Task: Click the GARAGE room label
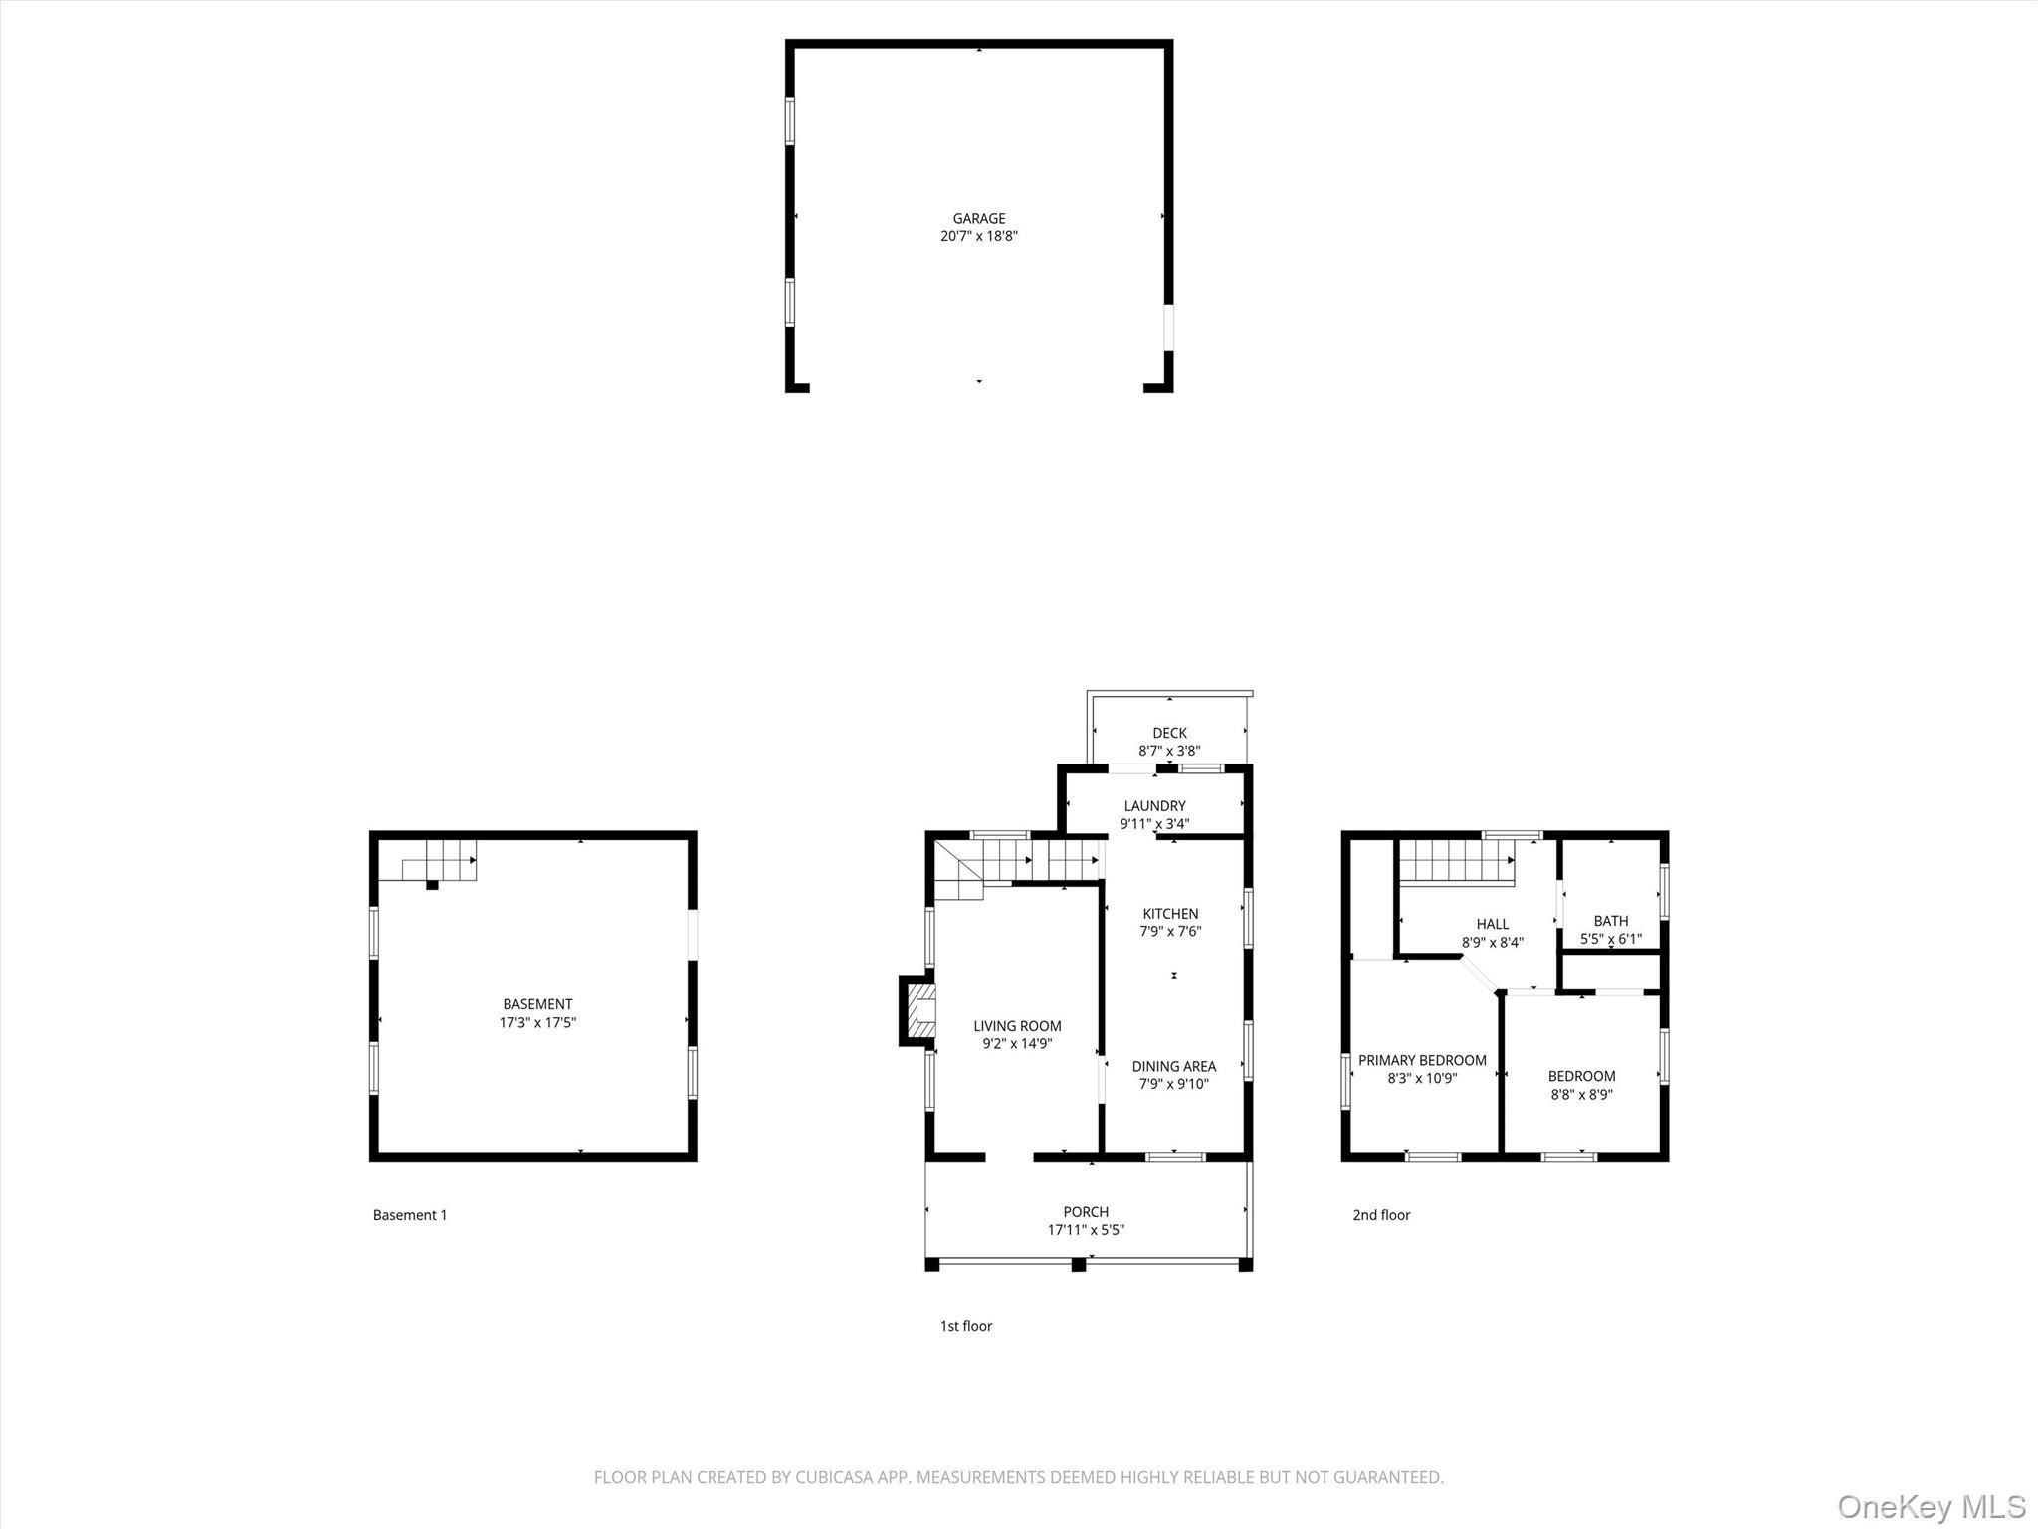[x=979, y=218]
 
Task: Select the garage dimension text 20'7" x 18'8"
[x=979, y=237]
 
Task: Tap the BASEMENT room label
[x=537, y=1004]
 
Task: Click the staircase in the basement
[x=439, y=861]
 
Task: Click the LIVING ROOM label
[x=1017, y=1026]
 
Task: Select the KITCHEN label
[x=1170, y=914]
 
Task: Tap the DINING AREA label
[x=1173, y=1067]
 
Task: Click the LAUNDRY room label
[x=1154, y=806]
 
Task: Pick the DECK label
[x=1169, y=733]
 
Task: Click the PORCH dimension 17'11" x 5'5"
[x=1086, y=1230]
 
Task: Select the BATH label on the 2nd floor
[x=1610, y=921]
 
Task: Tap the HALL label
[x=1492, y=924]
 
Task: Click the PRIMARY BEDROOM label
[x=1422, y=1061]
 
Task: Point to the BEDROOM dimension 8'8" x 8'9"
[x=1581, y=1095]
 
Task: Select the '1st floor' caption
[x=966, y=1326]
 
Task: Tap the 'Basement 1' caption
[x=410, y=1215]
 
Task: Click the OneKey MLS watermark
[x=1931, y=1505]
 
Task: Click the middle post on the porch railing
[x=1077, y=1265]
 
